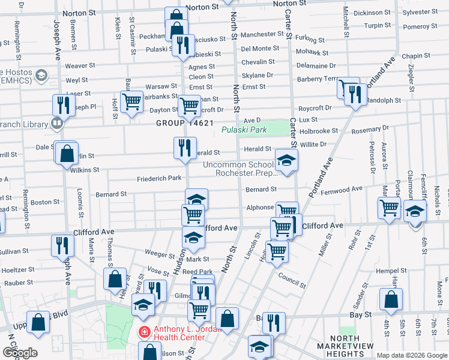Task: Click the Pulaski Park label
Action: coord(243,130)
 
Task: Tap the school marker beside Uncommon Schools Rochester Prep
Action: coord(287,160)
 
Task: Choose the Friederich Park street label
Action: coord(159,178)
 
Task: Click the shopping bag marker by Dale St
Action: coord(68,153)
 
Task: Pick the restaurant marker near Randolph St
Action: coord(355,93)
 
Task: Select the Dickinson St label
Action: coord(372,13)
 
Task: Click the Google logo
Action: coord(20,353)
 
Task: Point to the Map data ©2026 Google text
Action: coord(411,355)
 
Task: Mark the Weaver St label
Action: coord(80,65)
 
